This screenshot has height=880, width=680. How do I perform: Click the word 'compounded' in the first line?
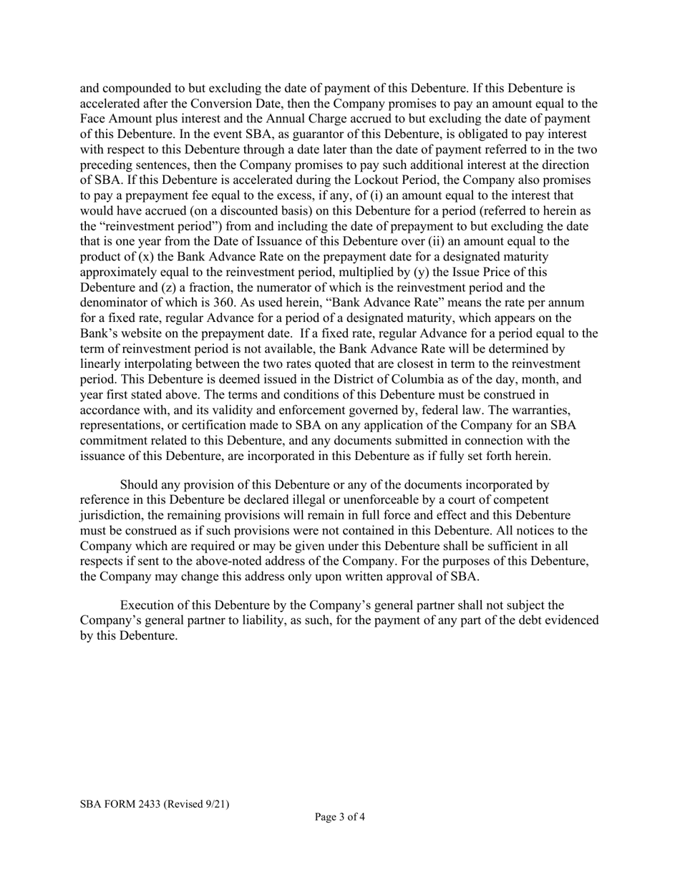tap(137, 89)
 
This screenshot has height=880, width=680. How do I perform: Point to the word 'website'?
tap(143, 333)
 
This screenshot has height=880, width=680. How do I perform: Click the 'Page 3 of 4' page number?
tap(340, 817)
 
